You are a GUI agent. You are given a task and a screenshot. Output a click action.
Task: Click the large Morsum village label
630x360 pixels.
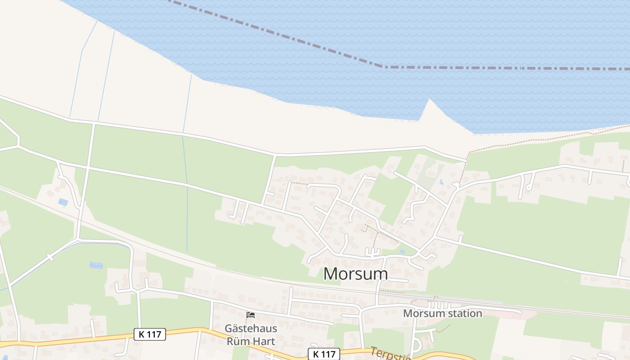(x=355, y=274)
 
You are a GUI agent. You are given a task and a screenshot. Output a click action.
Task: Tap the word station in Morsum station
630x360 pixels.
(x=463, y=313)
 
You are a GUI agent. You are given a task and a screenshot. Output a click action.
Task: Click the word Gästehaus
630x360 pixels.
(x=251, y=328)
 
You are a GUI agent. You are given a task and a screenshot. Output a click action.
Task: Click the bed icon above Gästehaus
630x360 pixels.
(x=251, y=315)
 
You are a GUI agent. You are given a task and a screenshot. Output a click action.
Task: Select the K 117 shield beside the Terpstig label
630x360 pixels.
(x=324, y=354)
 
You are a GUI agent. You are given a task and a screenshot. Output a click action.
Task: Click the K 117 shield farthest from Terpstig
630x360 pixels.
(x=150, y=334)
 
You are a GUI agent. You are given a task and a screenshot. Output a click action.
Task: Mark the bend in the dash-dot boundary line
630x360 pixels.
(x=382, y=67)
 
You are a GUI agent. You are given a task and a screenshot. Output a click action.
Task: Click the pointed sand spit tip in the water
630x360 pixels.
(x=429, y=100)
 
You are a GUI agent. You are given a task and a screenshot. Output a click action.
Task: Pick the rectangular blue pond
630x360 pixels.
(x=63, y=202)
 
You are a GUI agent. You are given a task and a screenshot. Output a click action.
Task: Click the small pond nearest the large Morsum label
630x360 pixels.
(x=402, y=252)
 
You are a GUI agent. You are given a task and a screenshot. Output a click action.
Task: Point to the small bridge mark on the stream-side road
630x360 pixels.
(x=50, y=258)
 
